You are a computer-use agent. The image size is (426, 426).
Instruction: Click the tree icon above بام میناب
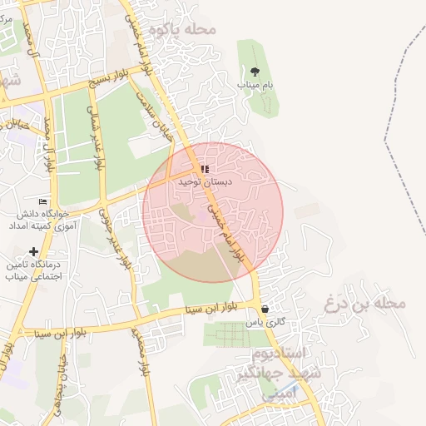(255, 72)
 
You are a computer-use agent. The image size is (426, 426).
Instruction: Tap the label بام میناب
(255, 85)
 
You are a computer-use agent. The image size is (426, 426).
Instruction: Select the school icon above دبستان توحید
(205, 169)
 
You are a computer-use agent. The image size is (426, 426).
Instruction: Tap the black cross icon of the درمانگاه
(33, 251)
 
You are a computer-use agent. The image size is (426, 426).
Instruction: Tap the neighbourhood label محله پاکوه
(182, 30)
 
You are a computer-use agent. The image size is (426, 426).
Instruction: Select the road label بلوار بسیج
(112, 83)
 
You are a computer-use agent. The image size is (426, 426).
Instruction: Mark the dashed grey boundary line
(397, 100)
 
